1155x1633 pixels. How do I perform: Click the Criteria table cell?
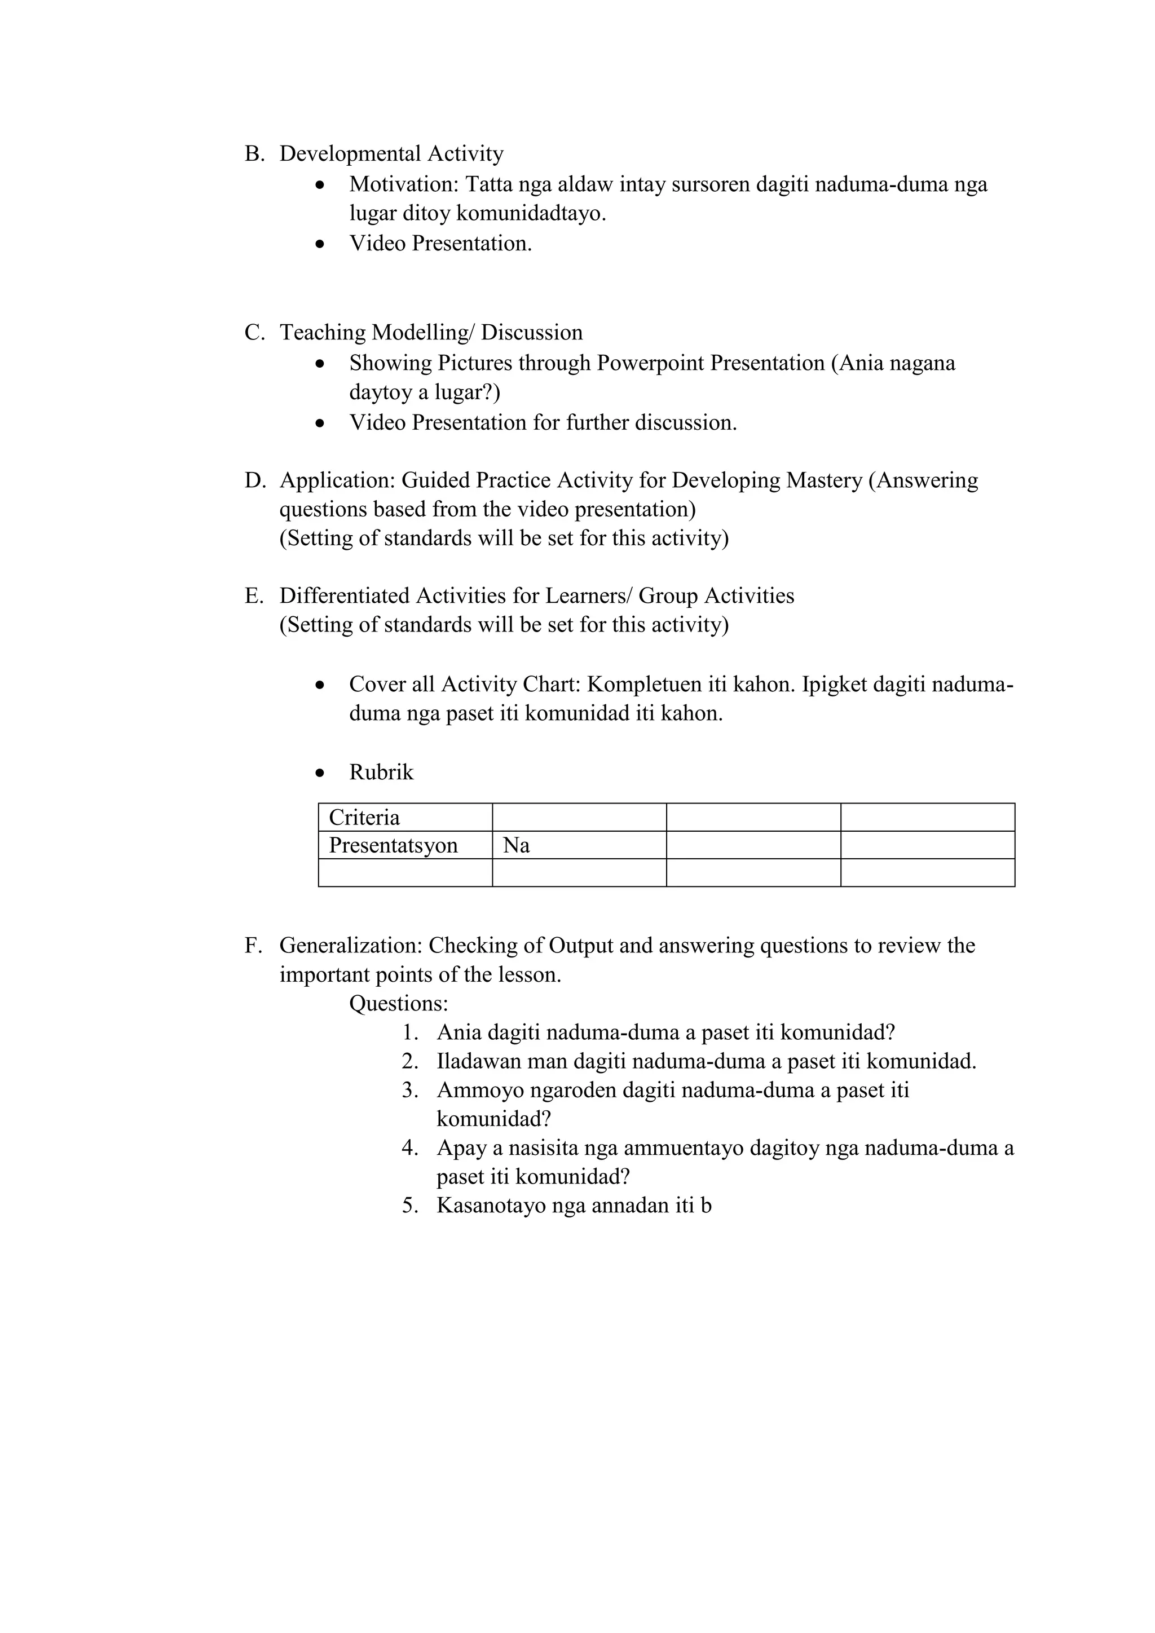405,817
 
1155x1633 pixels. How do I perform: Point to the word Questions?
398,1004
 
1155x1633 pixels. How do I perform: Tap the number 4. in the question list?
409,1148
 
